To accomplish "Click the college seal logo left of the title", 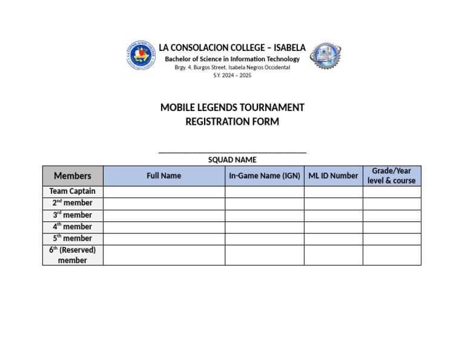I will (x=140, y=55).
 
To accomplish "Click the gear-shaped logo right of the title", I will (x=325, y=56).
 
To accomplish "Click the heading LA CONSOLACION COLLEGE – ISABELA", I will (x=232, y=47).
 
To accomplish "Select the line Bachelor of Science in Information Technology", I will (x=232, y=59).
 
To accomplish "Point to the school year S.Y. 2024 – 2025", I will (x=232, y=75).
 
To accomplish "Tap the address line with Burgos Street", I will (x=232, y=67).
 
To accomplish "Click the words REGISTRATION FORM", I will (x=232, y=121).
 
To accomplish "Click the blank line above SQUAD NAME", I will (x=232, y=151).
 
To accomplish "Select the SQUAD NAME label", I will (x=232, y=160).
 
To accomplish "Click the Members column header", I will (x=73, y=176).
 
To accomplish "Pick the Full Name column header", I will (x=163, y=176).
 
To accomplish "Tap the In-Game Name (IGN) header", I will (x=265, y=176).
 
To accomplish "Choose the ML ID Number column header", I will (x=333, y=176).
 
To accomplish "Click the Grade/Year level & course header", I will (x=392, y=176).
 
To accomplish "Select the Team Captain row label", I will (x=73, y=192).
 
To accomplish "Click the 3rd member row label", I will (x=73, y=215).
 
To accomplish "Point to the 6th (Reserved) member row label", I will (x=73, y=255).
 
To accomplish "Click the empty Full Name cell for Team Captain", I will (x=163, y=192).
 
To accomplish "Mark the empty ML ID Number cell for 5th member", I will (x=333, y=238).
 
